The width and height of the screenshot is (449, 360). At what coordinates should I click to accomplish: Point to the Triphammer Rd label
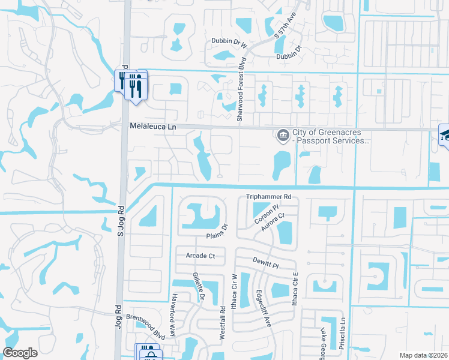(x=268, y=197)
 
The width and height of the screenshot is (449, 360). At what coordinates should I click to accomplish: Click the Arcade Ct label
(x=200, y=256)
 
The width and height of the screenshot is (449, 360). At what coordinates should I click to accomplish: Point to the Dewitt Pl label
(x=265, y=264)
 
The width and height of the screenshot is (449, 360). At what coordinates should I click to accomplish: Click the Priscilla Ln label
(x=345, y=329)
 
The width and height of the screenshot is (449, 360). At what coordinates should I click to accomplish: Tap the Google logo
(x=20, y=353)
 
